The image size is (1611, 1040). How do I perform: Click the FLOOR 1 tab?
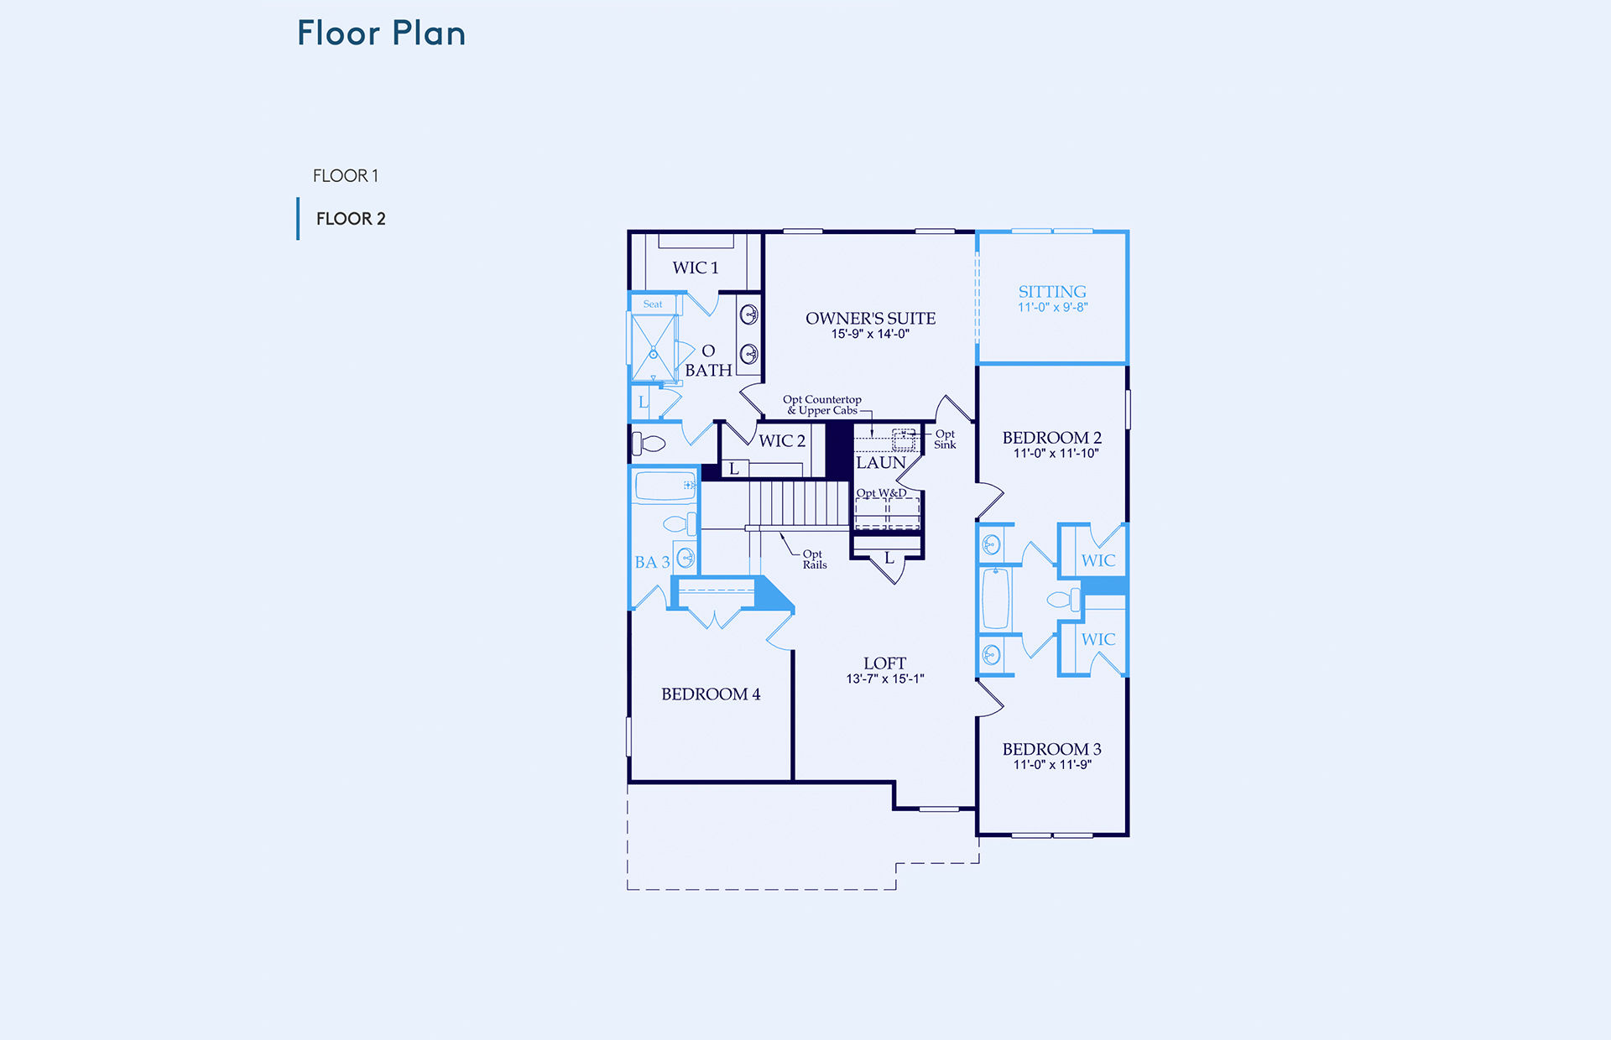tap(346, 176)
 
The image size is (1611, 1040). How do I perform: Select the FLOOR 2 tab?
tap(351, 219)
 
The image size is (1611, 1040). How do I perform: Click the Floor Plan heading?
tap(382, 34)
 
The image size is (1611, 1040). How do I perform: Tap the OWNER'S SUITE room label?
tap(871, 319)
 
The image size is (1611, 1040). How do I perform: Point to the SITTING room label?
tap(1052, 292)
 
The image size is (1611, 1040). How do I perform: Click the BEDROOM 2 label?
tap(1052, 438)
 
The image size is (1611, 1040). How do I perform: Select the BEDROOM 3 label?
tap(1052, 749)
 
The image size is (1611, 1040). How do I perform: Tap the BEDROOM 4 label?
tap(711, 694)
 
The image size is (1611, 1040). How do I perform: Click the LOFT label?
tap(885, 663)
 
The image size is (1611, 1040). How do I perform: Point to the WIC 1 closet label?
tap(696, 268)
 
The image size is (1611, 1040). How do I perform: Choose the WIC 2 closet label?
tap(782, 441)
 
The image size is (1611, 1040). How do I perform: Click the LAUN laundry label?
tap(881, 463)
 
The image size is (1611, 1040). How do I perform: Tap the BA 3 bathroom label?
tap(652, 563)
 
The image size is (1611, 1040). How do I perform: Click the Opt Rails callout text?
tap(815, 559)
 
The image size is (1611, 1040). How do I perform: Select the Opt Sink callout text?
tap(945, 439)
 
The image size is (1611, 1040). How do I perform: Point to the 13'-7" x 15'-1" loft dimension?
tap(885, 679)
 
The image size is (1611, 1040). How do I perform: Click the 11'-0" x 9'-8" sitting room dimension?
tap(1053, 308)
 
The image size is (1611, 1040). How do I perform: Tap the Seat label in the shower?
tap(653, 304)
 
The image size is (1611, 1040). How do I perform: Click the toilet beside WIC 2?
tap(649, 443)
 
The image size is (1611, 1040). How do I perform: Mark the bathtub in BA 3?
tap(665, 486)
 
